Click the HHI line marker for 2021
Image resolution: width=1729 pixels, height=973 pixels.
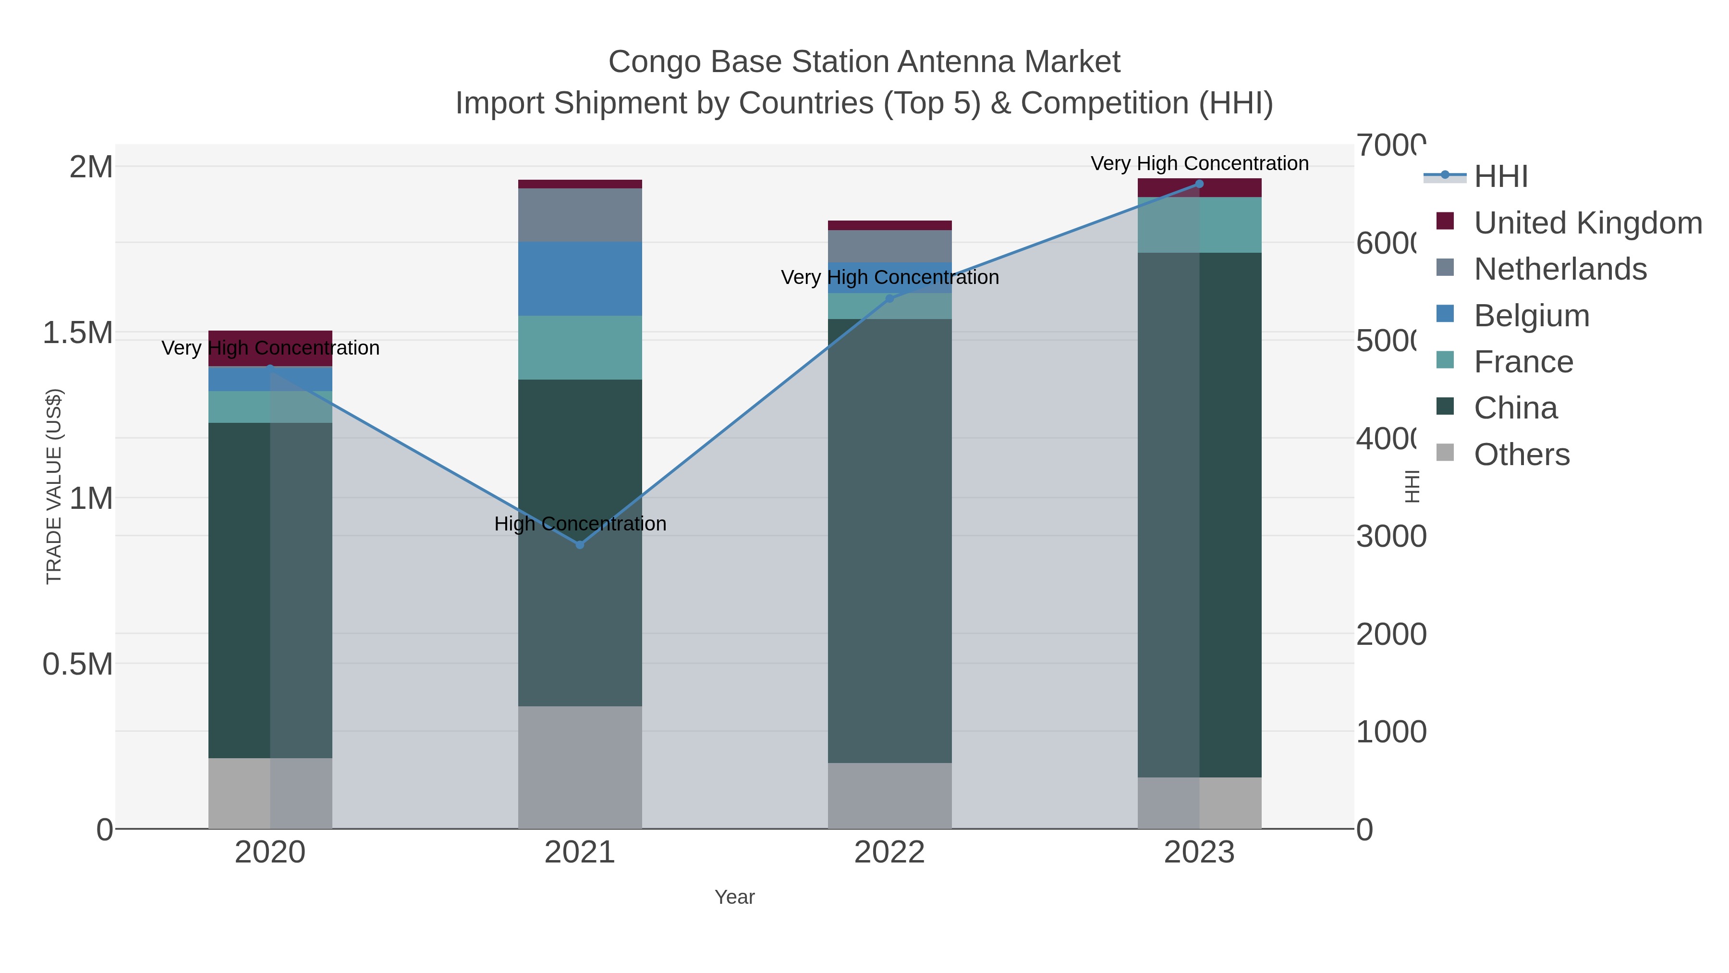(x=580, y=544)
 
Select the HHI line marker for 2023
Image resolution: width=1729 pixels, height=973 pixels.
(x=1199, y=184)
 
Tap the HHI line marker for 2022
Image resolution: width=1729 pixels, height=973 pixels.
(x=890, y=298)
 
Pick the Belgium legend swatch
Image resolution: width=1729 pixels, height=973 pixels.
(x=1445, y=314)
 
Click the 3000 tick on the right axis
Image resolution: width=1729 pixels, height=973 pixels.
(x=1391, y=537)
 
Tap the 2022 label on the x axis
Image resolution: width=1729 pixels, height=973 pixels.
(x=889, y=852)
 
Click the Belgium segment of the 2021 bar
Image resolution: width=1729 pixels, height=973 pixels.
(x=580, y=279)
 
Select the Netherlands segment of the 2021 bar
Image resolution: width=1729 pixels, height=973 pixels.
(x=580, y=215)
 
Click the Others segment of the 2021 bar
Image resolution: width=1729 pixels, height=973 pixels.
(x=580, y=767)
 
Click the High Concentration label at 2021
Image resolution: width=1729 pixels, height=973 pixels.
(x=580, y=523)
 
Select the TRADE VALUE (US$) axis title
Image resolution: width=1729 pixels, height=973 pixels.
(x=54, y=486)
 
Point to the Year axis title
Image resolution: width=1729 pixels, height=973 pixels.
(x=734, y=897)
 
